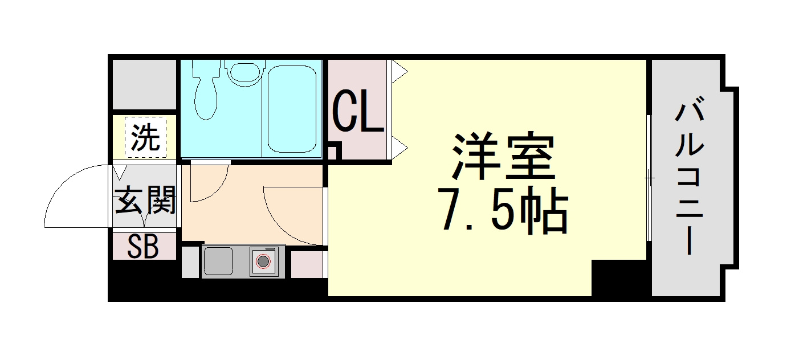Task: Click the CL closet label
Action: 358,111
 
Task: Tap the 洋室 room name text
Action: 504,156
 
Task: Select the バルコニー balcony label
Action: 690,179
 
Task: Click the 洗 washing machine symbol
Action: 145,137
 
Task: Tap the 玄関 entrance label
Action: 145,200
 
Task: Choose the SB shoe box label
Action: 143,246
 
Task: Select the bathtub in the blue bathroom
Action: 292,109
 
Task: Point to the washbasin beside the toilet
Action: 247,73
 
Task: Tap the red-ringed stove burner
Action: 263,261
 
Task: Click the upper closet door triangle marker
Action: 399,72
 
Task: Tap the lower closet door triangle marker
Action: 399,148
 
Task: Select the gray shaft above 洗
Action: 144,84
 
